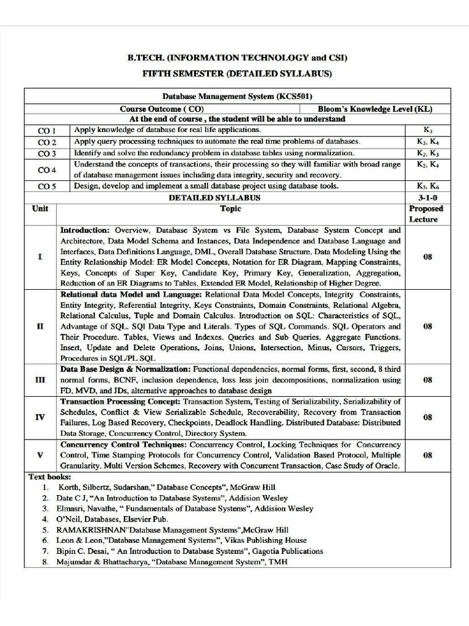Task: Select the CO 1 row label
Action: coord(47,131)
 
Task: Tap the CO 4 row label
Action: coord(47,169)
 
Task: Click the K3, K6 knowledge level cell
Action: coord(427,186)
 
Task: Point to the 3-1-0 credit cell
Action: coord(427,197)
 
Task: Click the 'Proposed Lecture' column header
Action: coord(426,214)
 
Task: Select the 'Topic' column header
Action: coord(231,209)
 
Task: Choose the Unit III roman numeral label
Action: coord(40,380)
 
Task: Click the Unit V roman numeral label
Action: coord(40,455)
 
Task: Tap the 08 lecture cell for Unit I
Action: coord(427,257)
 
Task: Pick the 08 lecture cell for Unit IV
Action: coord(427,417)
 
